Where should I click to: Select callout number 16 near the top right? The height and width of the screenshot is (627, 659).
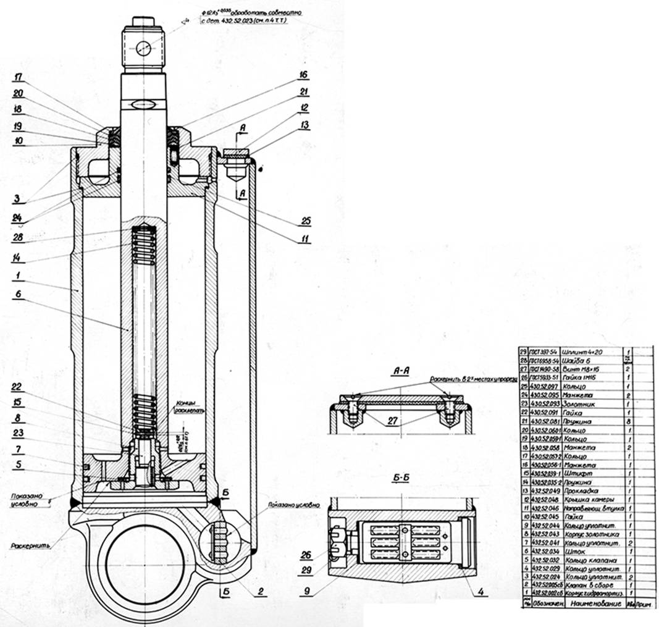303,75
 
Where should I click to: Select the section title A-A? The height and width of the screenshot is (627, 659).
399,371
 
